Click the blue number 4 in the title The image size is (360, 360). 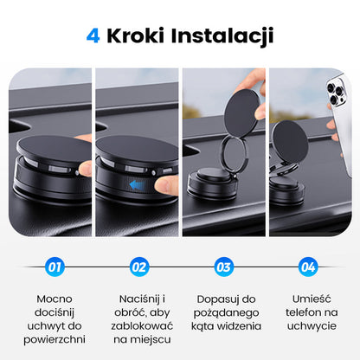pos(93,35)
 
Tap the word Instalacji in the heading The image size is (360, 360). pos(231,35)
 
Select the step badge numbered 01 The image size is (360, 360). pos(55,267)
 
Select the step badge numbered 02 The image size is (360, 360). pos(138,267)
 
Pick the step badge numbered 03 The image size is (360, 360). pos(223,267)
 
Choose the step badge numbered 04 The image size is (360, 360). pos(307,267)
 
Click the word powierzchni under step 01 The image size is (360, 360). pos(55,340)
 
